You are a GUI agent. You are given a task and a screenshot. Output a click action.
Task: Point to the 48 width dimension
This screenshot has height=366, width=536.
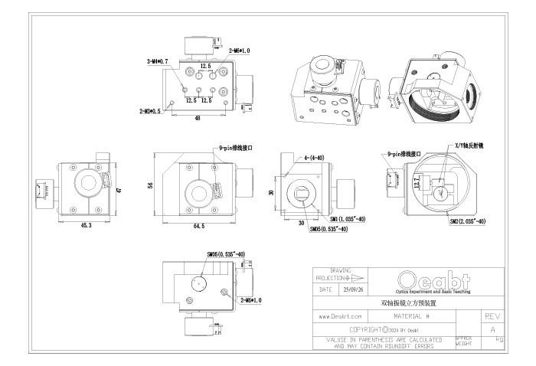click(x=198, y=119)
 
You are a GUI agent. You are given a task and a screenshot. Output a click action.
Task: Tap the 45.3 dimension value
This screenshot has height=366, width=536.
click(x=85, y=226)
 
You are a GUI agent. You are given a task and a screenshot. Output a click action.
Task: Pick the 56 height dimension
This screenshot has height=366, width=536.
click(x=151, y=185)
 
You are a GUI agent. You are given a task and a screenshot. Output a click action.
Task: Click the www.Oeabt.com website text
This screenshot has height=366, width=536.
click(x=339, y=315)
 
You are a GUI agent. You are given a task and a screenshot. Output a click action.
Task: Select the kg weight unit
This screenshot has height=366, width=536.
click(x=499, y=338)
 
